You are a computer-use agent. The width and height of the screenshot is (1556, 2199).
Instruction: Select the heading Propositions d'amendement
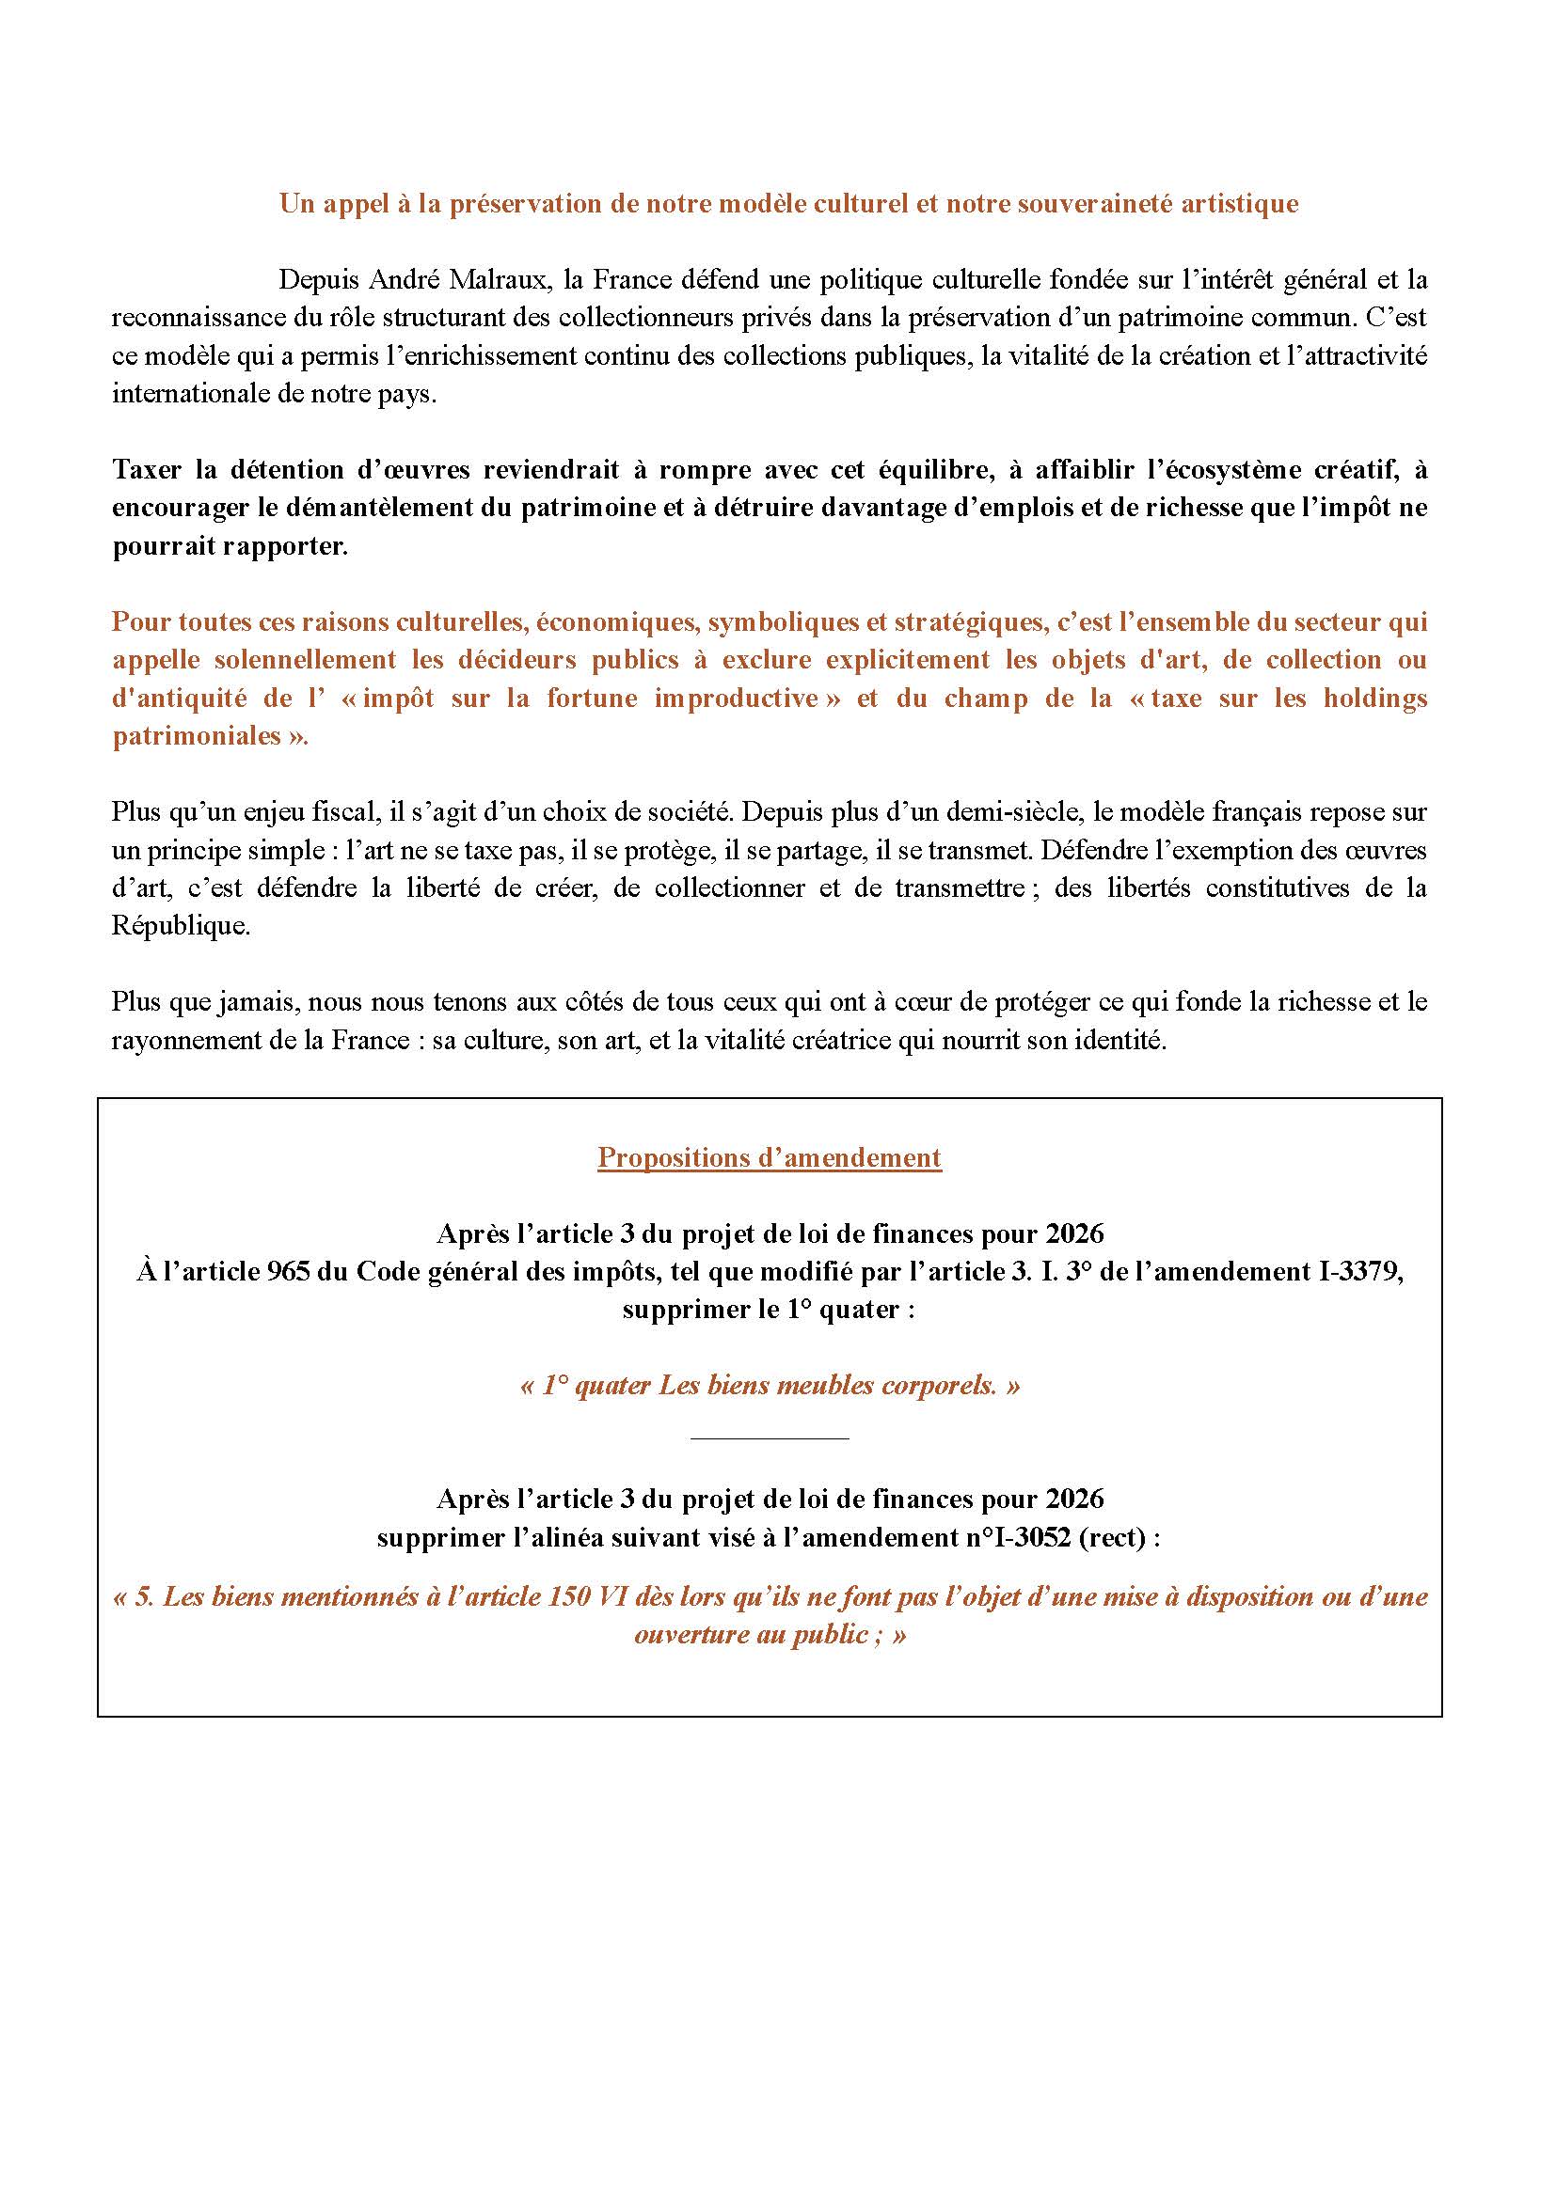pyautogui.click(x=770, y=1157)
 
